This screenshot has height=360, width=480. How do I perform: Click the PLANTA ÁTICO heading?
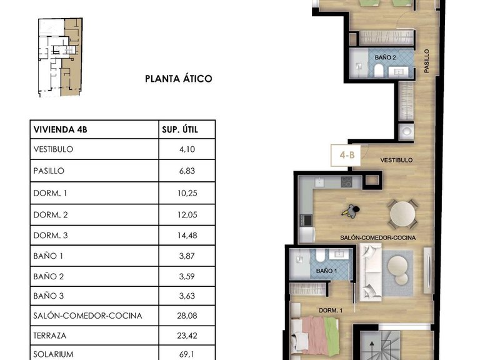178,79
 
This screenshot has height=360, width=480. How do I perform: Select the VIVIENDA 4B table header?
59,131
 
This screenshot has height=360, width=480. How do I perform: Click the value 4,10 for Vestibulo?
187,149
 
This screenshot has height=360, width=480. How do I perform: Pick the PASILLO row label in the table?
48,171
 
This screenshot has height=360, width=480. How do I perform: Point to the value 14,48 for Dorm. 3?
187,234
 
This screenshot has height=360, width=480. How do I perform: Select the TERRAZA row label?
50,335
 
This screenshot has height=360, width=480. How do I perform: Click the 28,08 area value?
187,316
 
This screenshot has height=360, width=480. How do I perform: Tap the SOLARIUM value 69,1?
187,354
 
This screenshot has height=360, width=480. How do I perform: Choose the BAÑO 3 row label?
49,296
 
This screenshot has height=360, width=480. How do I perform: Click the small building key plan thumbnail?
58,57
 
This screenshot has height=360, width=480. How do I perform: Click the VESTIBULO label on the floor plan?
397,160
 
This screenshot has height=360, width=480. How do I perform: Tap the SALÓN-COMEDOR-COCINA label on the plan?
378,238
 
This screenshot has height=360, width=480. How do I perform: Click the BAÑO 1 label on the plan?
326,271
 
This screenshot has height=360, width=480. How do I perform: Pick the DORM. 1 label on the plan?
331,310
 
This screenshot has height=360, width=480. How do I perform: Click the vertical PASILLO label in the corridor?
427,62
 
